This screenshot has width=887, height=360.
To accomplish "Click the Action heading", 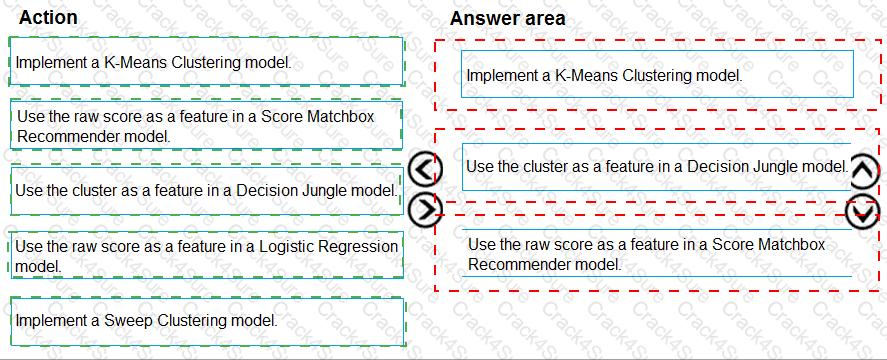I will pyautogui.click(x=48, y=18).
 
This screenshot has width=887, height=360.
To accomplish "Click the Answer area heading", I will pyautogui.click(x=507, y=18).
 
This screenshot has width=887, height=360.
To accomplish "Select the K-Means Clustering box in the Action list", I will pyautogui.click(x=205, y=62).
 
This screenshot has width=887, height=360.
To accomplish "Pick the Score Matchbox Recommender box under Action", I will pyautogui.click(x=205, y=125).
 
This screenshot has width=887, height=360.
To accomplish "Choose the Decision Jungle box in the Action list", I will pyautogui.click(x=205, y=189).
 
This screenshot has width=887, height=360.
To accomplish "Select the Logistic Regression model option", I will pyautogui.click(x=205, y=256).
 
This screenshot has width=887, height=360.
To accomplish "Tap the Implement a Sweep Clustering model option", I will pyautogui.click(x=205, y=320).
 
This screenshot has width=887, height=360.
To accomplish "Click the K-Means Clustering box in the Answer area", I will pyautogui.click(x=657, y=75).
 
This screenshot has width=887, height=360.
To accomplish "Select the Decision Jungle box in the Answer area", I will pyautogui.click(x=657, y=166).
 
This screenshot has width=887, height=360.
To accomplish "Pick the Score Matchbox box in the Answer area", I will pyautogui.click(x=657, y=254).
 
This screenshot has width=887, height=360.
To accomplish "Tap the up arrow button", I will pyautogui.click(x=864, y=172).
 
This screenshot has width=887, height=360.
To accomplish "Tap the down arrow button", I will pyautogui.click(x=863, y=211).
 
